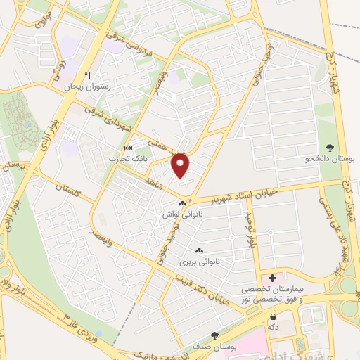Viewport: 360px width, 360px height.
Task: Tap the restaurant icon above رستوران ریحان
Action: point(87,75)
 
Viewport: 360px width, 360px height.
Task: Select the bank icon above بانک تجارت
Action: point(127,148)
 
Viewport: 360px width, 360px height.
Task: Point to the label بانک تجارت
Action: point(127,159)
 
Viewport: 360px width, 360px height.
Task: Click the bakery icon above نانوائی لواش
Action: point(183,203)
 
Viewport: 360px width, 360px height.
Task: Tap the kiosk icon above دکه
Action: point(272,316)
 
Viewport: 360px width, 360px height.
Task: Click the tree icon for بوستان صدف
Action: point(214,336)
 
